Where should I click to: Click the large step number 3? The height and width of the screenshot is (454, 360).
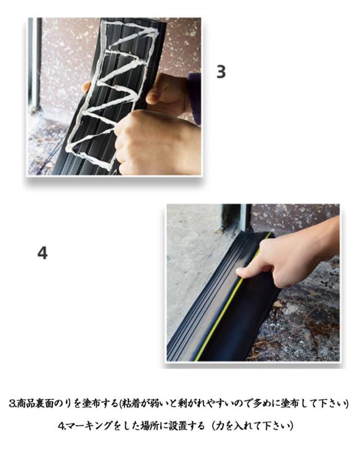click(221, 71)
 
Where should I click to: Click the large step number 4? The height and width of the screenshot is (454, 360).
click(42, 253)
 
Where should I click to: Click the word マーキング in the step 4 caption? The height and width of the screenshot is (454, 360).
click(88, 426)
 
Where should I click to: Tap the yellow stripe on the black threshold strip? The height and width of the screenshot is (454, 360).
click(229, 298)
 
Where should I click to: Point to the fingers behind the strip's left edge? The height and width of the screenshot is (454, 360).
click(86, 87)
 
